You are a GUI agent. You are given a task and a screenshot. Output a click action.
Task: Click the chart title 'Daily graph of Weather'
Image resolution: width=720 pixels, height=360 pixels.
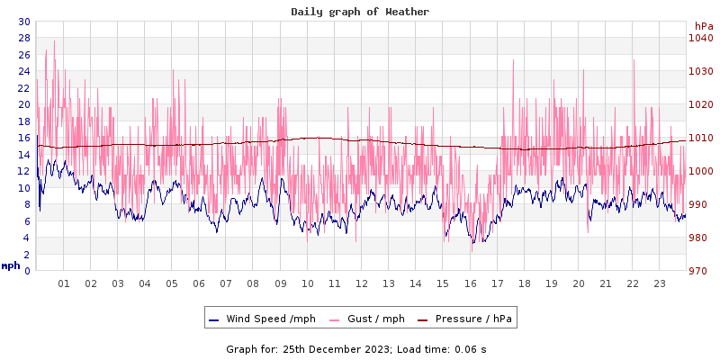tap(360, 12)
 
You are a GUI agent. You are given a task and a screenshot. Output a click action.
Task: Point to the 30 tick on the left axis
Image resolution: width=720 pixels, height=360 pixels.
tap(23, 22)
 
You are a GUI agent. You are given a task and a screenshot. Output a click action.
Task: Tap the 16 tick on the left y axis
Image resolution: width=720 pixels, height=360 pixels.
tap(23, 138)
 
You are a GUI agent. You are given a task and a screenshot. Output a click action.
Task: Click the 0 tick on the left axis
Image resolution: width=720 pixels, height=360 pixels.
tap(27, 271)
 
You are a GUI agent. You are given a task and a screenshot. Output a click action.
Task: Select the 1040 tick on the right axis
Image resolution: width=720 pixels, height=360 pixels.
tap(700, 38)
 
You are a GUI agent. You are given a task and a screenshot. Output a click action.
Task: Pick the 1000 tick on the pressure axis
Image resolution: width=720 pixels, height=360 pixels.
tap(700, 171)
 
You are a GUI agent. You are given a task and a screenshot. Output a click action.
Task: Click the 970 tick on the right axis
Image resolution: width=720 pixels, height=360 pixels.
tap(700, 271)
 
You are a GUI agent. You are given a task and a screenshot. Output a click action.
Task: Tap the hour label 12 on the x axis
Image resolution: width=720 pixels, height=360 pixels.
tap(361, 283)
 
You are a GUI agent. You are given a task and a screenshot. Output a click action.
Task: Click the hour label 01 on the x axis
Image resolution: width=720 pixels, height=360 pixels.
tap(64, 283)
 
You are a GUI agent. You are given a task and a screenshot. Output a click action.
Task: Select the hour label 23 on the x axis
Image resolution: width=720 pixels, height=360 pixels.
tap(659, 283)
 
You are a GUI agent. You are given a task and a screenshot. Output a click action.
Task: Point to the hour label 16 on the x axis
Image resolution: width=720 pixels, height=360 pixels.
tap(470, 283)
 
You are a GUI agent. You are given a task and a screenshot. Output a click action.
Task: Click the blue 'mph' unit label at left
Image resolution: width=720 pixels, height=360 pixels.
tap(11, 265)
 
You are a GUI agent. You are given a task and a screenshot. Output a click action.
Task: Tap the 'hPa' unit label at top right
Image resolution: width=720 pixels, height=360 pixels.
tap(704, 26)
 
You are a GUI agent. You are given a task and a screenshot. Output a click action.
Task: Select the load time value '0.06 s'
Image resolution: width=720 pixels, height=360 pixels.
tap(470, 348)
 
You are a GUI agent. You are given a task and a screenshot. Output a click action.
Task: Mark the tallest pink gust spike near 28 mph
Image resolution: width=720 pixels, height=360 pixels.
tap(54, 41)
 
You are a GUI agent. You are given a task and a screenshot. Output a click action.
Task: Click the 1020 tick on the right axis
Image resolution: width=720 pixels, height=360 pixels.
tap(700, 104)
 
